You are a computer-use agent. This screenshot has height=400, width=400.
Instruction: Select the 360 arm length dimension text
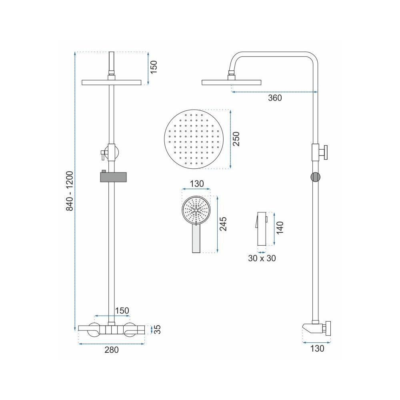(275, 98)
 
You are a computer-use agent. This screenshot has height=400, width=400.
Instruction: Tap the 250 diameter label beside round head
(236, 139)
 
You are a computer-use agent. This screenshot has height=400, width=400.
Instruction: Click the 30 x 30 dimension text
(262, 258)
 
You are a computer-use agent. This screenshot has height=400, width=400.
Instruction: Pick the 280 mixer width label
(112, 350)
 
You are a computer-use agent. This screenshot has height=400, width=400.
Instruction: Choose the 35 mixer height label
(158, 329)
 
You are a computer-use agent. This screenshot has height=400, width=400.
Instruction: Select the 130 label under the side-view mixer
(317, 349)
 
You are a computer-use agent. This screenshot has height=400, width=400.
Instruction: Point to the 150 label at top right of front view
(154, 67)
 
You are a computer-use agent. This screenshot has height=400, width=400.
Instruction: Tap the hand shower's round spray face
(196, 210)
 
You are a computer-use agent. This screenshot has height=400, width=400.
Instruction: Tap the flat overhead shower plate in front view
(112, 82)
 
